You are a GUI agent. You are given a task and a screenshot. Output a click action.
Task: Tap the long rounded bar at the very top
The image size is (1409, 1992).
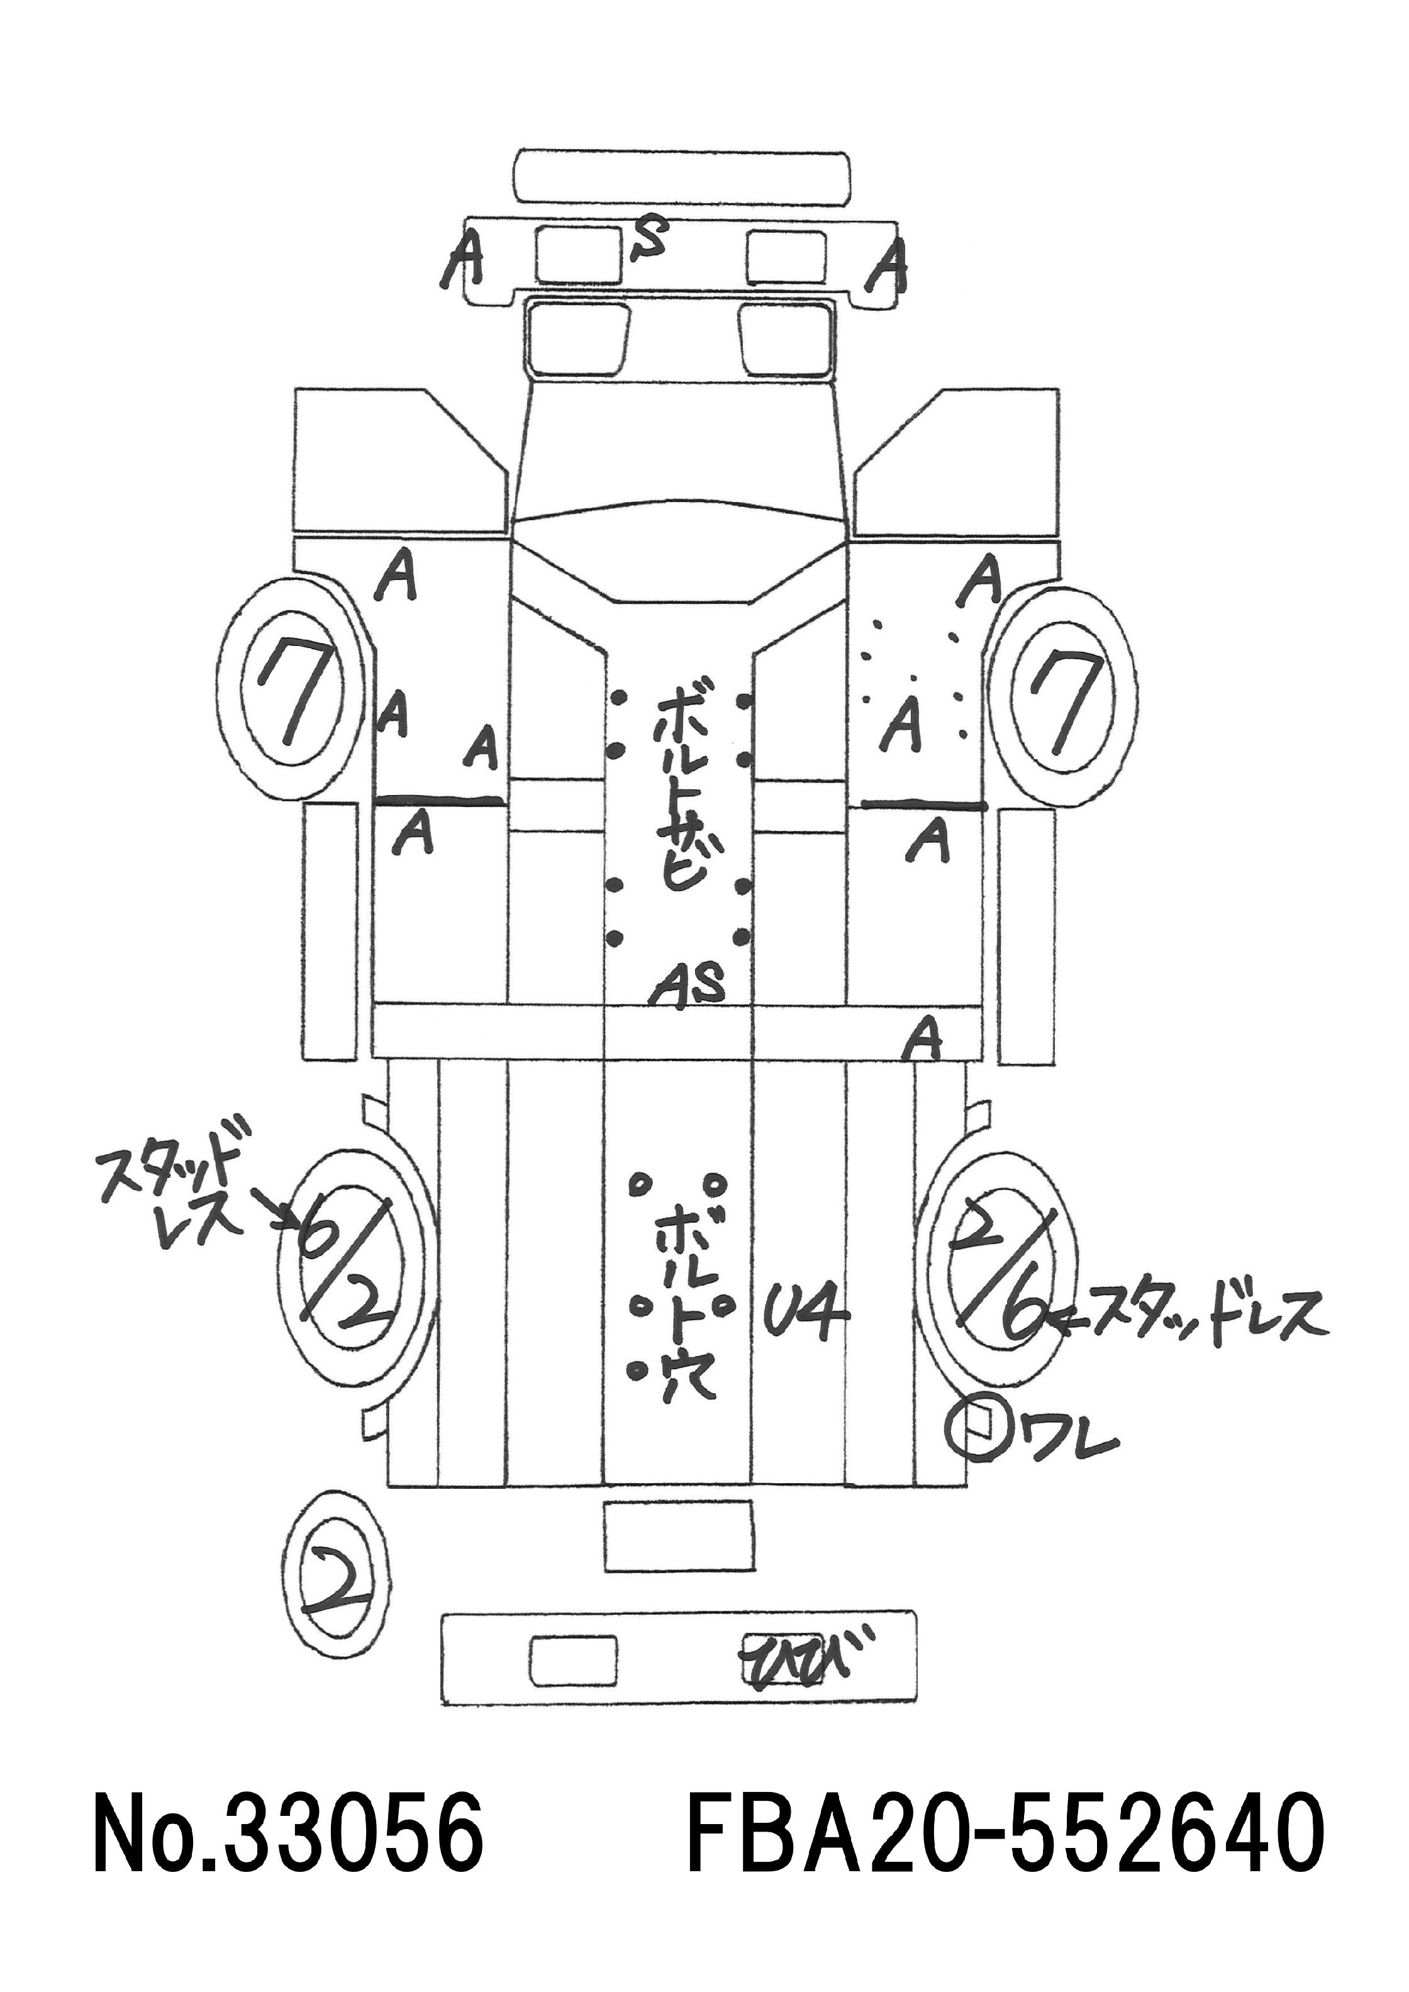[682, 178]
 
